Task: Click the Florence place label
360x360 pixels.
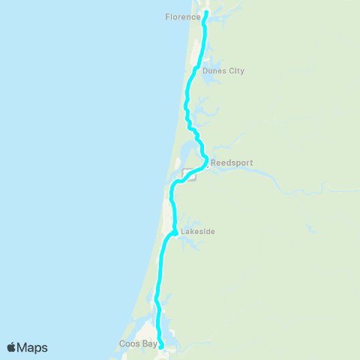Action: (x=182, y=16)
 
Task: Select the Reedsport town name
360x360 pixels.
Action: (x=232, y=162)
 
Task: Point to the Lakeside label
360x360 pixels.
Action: (x=198, y=232)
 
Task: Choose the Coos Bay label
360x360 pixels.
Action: (x=137, y=344)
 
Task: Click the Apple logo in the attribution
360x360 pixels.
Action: (x=11, y=347)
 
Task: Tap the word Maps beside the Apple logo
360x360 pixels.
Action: (x=32, y=347)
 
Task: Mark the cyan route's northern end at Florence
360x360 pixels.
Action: (x=205, y=13)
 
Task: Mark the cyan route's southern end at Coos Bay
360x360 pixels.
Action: (x=162, y=346)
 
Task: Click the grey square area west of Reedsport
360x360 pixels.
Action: (x=188, y=174)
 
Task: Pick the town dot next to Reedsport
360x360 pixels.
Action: (x=207, y=161)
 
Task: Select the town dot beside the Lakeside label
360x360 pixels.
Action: (x=175, y=232)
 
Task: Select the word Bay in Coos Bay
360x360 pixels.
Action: (x=149, y=344)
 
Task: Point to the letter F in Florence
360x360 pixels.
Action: (x=167, y=16)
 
